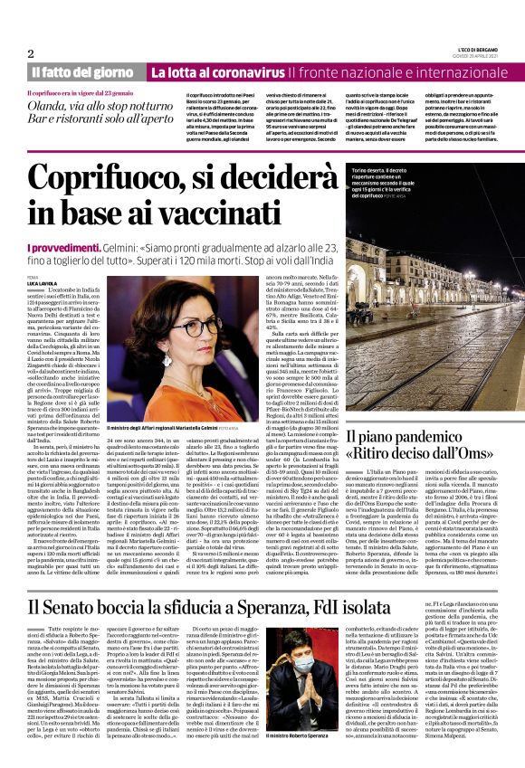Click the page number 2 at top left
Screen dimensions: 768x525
pos(31,54)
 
